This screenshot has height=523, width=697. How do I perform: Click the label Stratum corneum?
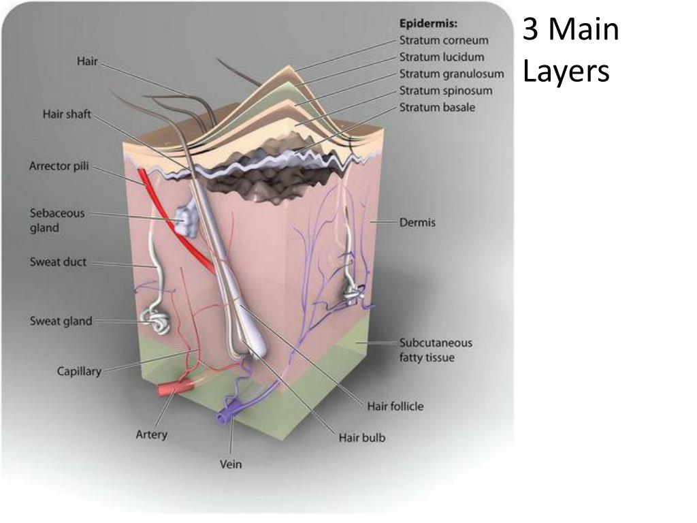point(443,40)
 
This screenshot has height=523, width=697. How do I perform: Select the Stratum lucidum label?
point(442,57)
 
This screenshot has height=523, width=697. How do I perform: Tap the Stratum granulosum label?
point(451,74)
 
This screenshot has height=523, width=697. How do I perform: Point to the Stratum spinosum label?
point(446,90)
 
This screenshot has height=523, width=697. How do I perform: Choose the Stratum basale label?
point(437,107)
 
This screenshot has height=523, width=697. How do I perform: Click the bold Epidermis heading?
point(428,24)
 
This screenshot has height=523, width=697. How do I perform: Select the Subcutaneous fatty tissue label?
point(435,350)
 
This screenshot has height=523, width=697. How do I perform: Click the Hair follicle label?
point(395,407)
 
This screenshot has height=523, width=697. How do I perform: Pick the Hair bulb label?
point(361,437)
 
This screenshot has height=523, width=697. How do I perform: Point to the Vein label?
point(231,465)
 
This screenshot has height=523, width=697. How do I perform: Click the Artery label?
point(151,434)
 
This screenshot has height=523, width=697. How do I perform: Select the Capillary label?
point(79,371)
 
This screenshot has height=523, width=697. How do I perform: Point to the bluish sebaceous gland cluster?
point(184,219)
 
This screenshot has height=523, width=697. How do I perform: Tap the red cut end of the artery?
point(165,390)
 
